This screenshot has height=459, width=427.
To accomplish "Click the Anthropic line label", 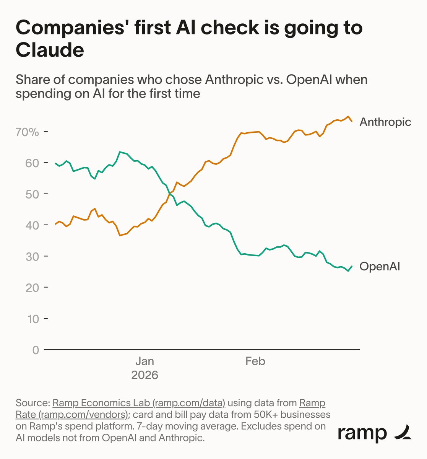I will [385, 122].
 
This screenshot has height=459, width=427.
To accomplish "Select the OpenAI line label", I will [380, 267].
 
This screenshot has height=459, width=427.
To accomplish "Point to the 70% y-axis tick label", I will [27, 132].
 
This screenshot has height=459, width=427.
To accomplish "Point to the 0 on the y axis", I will [35, 350].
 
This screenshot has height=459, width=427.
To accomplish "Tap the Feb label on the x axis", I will [255, 361].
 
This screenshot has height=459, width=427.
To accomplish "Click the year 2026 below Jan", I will [144, 375].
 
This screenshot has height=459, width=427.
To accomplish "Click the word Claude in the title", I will [50, 50].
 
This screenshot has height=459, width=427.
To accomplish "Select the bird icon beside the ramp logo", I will [403, 432].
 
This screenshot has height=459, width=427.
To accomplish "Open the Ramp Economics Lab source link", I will [139, 403].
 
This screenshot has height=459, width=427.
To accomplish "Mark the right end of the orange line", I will [352, 121].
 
